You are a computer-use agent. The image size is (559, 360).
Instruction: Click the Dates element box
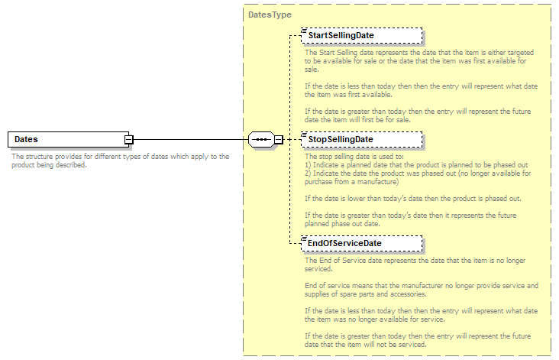(x=66, y=140)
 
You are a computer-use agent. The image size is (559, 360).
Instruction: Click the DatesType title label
(x=270, y=15)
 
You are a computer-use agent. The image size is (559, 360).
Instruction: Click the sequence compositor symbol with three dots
(x=261, y=140)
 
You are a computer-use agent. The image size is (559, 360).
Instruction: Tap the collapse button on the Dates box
(x=129, y=140)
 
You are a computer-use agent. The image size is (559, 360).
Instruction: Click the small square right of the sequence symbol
(x=279, y=140)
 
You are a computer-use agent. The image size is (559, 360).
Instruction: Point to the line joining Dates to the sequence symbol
(x=191, y=140)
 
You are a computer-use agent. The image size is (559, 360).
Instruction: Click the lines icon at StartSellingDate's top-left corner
(x=303, y=30)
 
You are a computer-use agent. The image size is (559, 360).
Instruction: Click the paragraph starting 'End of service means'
(x=421, y=290)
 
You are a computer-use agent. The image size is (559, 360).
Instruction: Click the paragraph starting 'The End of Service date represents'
(x=417, y=264)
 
